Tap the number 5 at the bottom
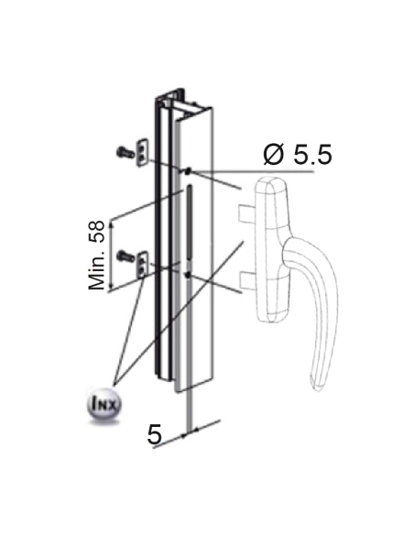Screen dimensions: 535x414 [155, 435]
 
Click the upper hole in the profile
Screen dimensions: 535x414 [187, 171]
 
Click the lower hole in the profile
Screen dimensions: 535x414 [187, 272]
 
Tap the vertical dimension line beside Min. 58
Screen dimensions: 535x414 [110, 256]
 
